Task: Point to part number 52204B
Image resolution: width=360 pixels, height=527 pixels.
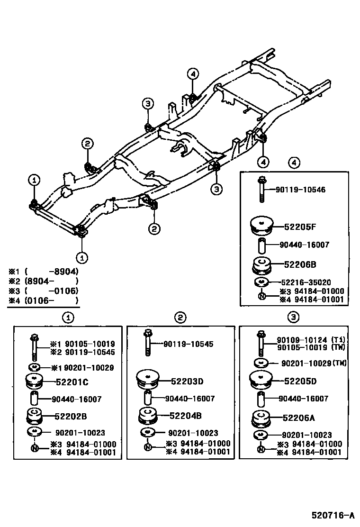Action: (x=186, y=416)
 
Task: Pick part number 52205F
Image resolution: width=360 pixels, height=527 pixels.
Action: (x=300, y=227)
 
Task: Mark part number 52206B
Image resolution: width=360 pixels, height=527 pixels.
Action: (x=300, y=264)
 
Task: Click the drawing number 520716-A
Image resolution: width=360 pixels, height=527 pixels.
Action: (x=333, y=515)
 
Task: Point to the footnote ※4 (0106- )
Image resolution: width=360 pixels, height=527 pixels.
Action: (x=43, y=300)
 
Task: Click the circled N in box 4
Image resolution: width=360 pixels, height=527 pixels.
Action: (x=261, y=296)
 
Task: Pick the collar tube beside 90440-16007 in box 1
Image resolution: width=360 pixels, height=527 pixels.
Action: (x=34, y=399)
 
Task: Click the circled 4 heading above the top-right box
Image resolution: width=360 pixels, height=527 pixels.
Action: (x=294, y=163)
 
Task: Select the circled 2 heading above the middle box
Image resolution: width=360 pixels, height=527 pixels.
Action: (x=181, y=318)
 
